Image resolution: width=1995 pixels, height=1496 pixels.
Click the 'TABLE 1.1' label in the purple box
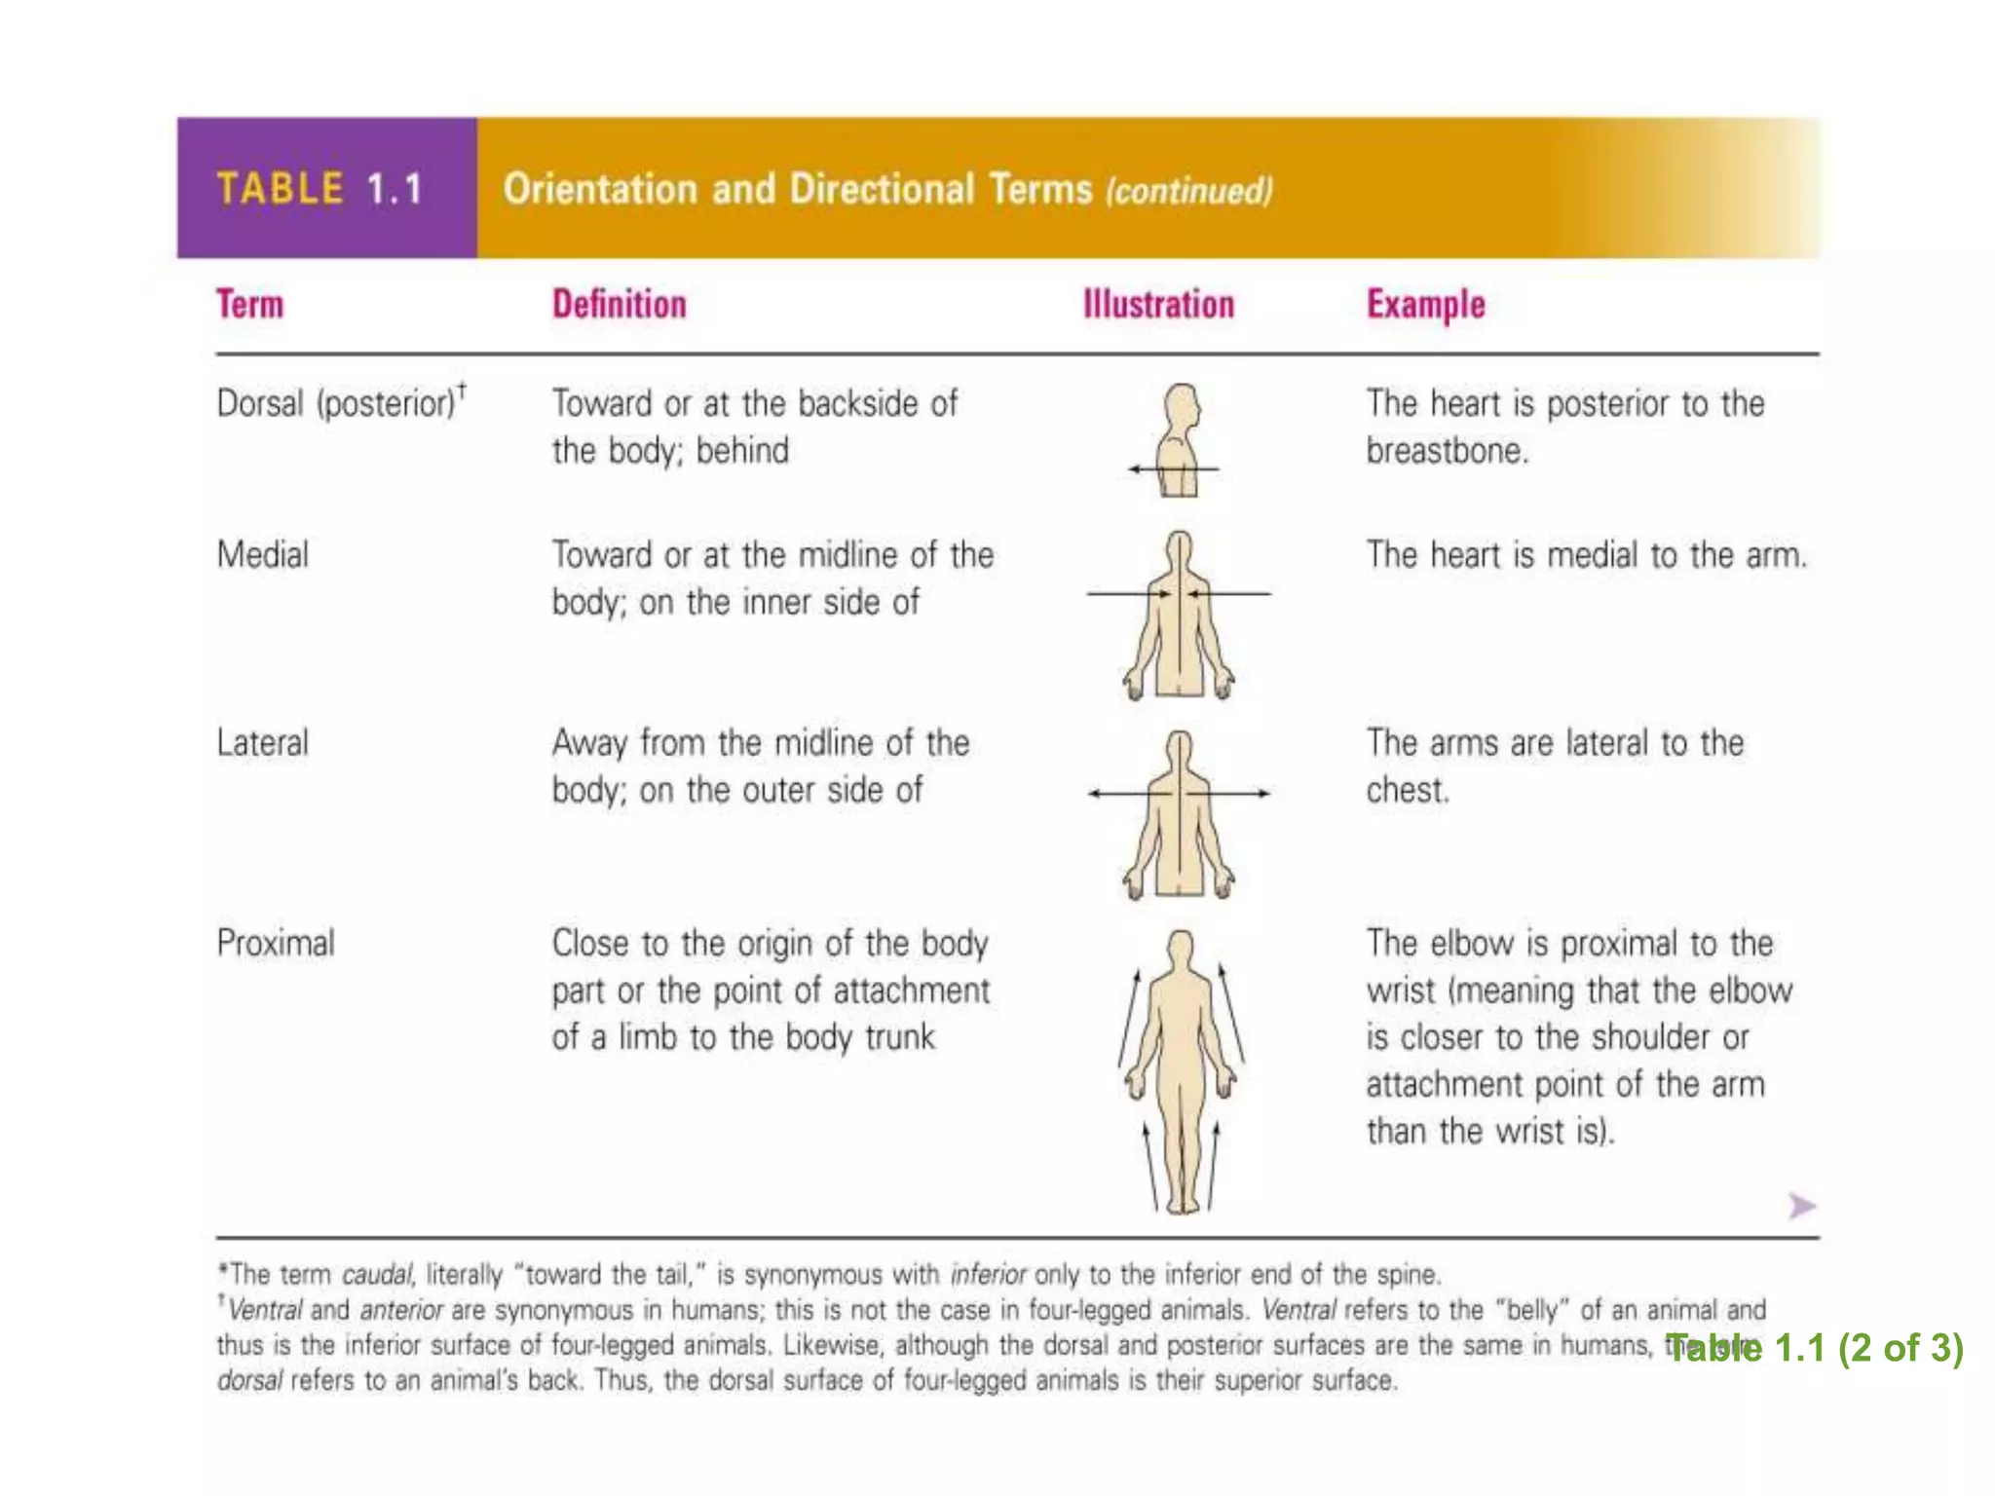pyautogui.click(x=319, y=189)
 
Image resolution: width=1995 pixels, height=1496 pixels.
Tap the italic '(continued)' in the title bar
pyautogui.click(x=1188, y=191)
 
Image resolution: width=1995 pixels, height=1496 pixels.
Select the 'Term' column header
pyautogui.click(x=249, y=305)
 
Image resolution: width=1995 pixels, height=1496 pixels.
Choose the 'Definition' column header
pyautogui.click(x=619, y=305)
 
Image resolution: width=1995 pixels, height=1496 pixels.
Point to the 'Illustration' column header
pyautogui.click(x=1158, y=305)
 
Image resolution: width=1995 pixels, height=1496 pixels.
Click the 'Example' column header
pyautogui.click(x=1425, y=305)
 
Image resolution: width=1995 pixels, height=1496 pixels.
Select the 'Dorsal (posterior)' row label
pyautogui.click(x=337, y=403)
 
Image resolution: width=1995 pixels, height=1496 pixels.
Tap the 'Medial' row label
pyautogui.click(x=262, y=555)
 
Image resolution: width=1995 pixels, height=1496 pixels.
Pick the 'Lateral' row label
pyautogui.click(x=262, y=743)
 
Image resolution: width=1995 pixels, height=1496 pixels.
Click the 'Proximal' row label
pyautogui.click(x=276, y=943)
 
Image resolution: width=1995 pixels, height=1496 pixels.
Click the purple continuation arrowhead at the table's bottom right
pyautogui.click(x=1801, y=1206)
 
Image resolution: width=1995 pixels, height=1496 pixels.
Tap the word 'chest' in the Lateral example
pyautogui.click(x=1406, y=790)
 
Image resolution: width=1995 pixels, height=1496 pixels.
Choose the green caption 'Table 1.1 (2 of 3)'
pyautogui.click(x=1814, y=1348)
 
